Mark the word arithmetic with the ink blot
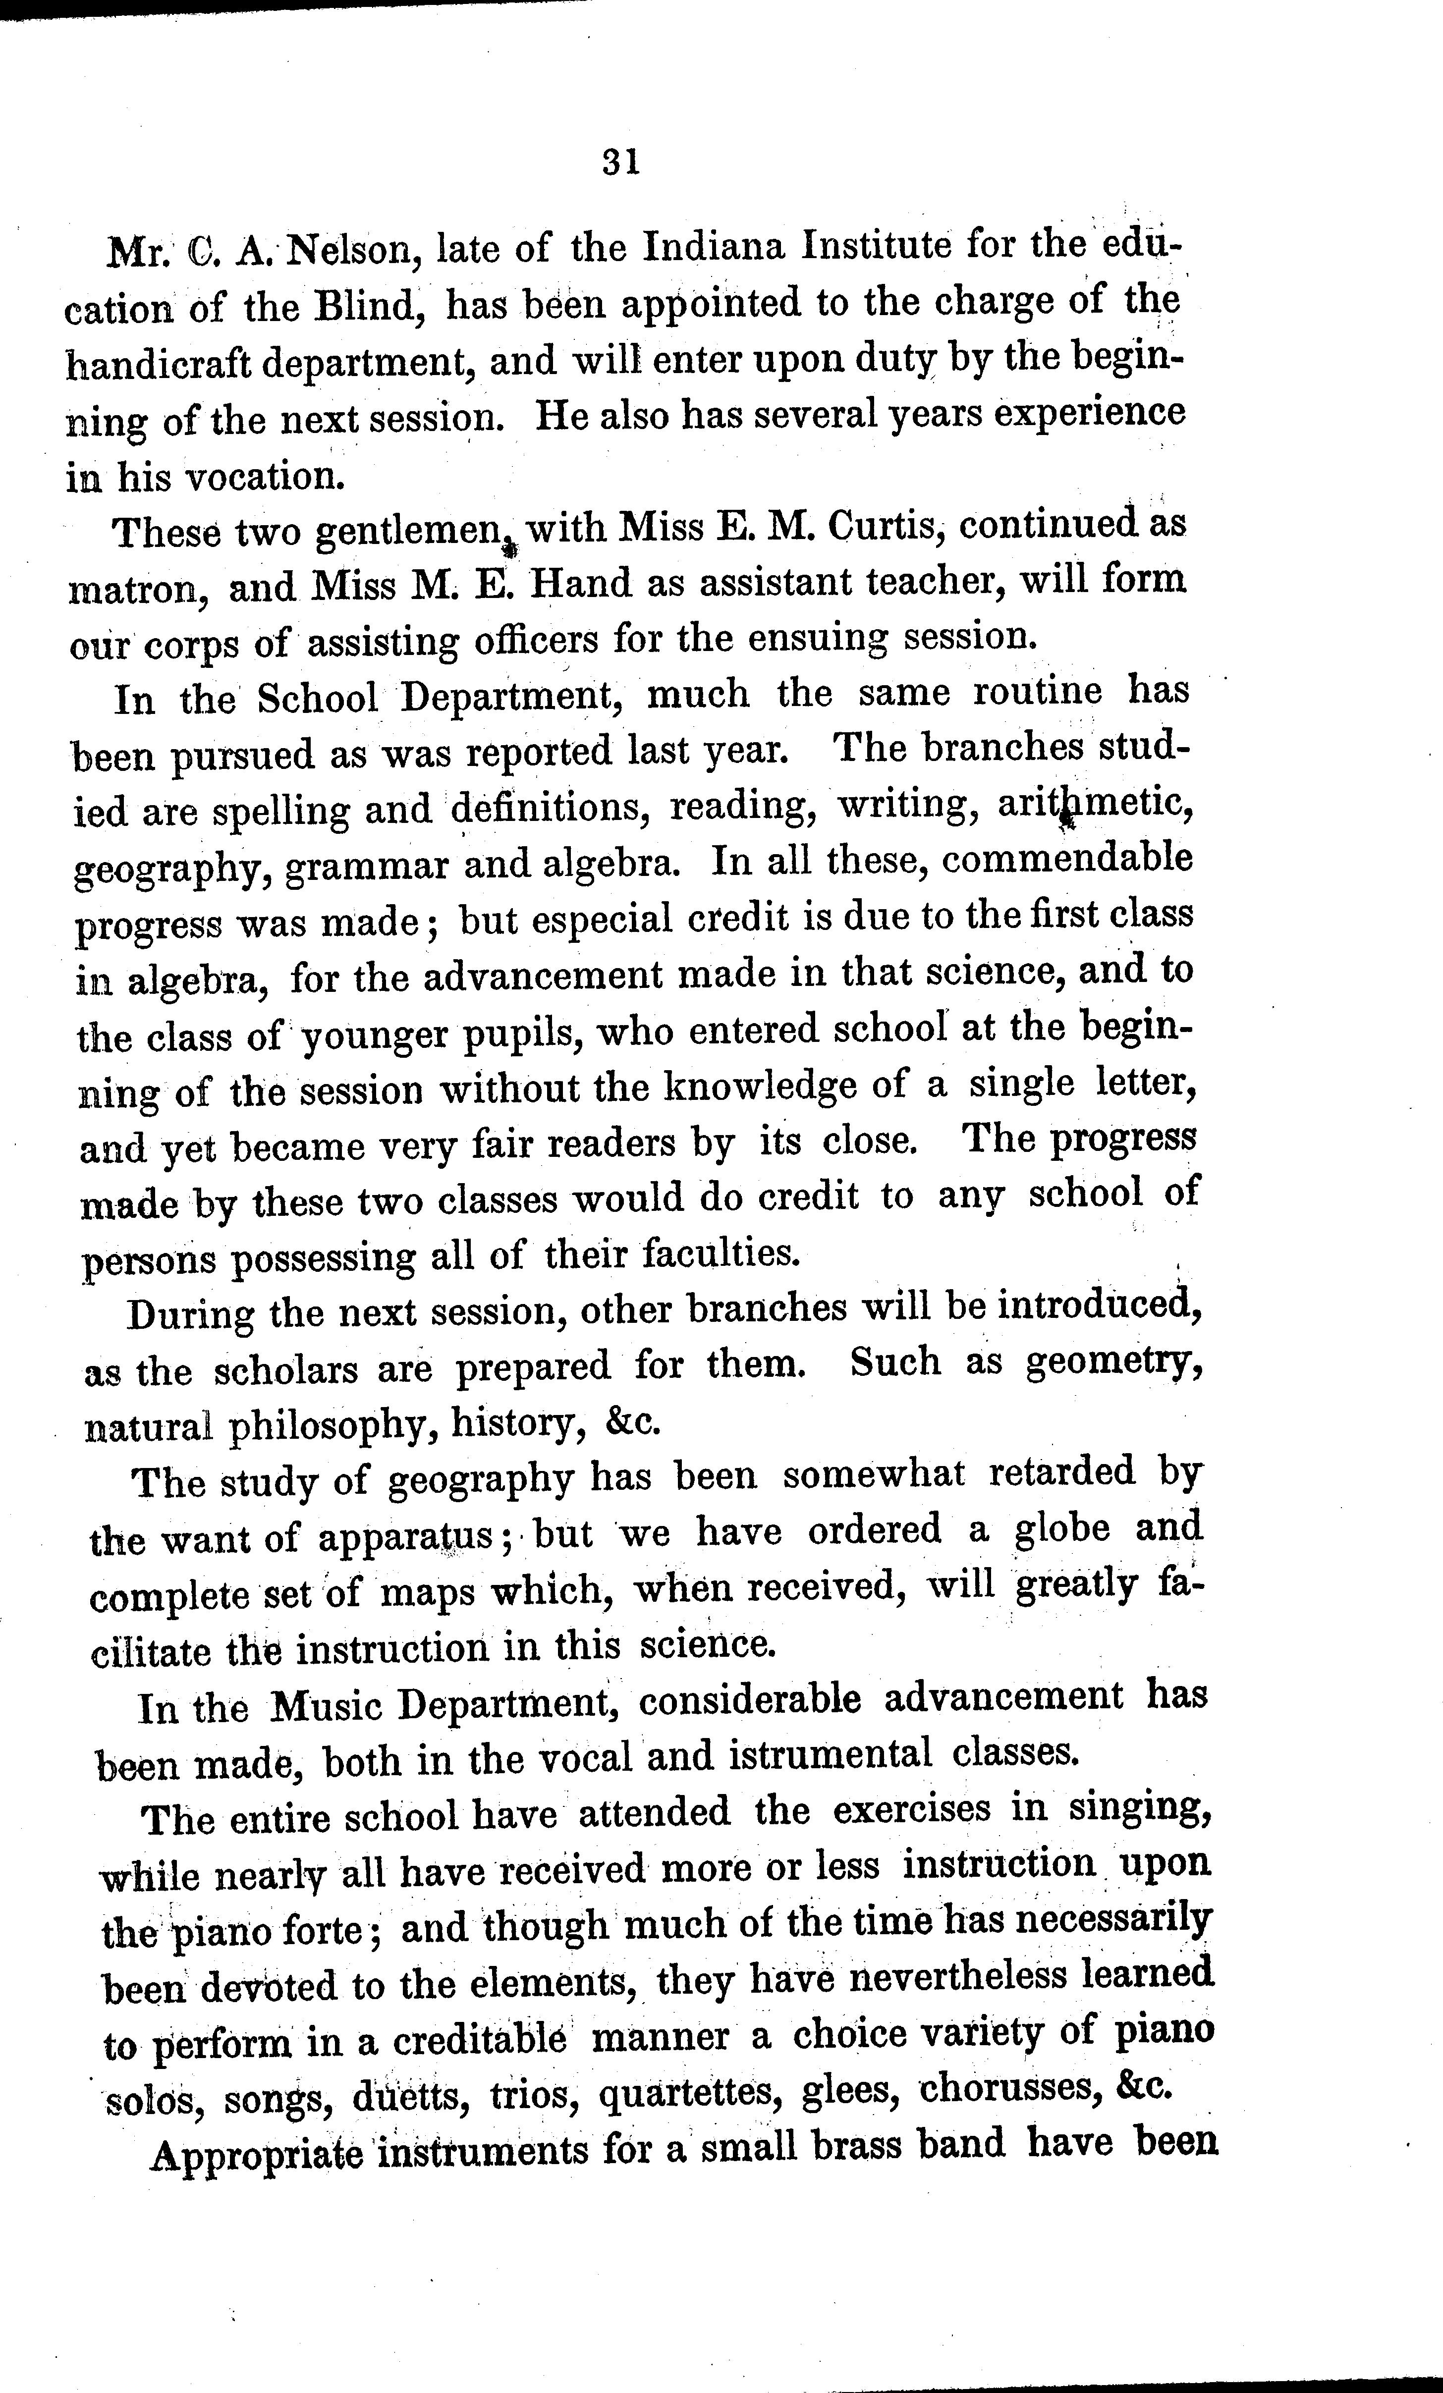(1094, 807)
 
